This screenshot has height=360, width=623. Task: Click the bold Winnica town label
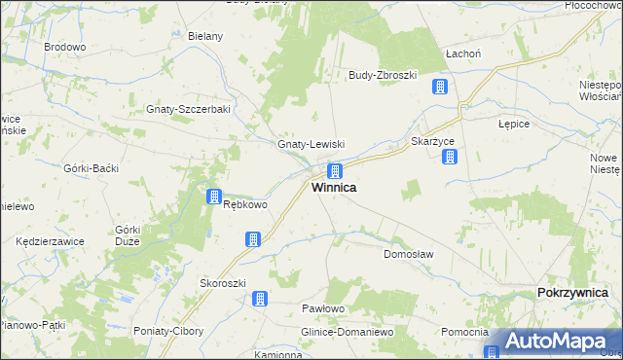[x=333, y=188]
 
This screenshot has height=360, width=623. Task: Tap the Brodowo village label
[x=65, y=47]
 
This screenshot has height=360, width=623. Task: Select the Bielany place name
[x=205, y=37]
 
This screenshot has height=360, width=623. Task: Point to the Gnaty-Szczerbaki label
[x=188, y=109]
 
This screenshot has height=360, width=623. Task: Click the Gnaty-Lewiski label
[x=311, y=144]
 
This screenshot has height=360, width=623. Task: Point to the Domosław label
[x=408, y=254]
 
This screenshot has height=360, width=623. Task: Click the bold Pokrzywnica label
[x=573, y=293]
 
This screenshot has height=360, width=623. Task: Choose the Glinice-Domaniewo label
[x=346, y=332]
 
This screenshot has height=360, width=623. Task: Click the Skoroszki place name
[x=221, y=283]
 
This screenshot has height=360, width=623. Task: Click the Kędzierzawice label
[x=51, y=241]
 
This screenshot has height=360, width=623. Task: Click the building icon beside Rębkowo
[x=214, y=198]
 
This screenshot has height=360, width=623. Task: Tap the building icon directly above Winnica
[x=334, y=170]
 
